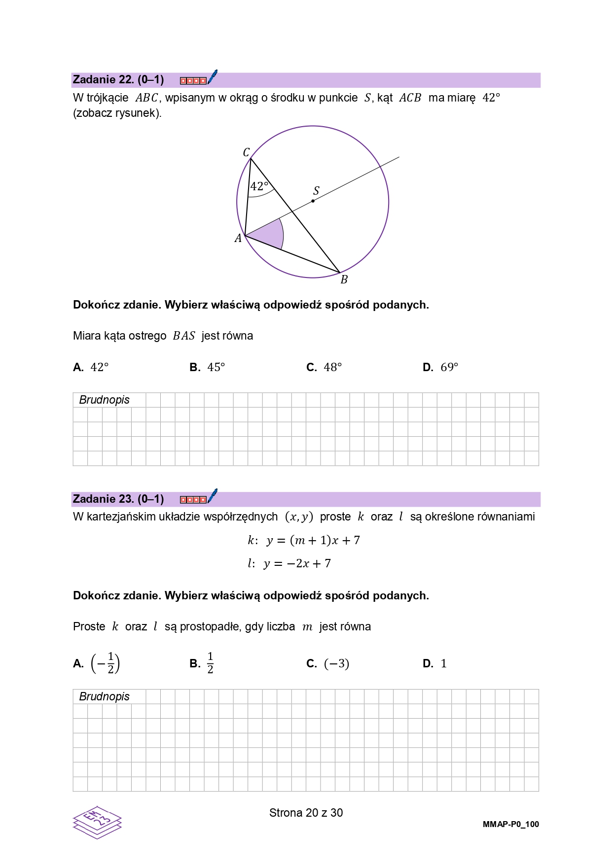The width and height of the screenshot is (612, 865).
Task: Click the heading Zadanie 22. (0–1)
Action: pyautogui.click(x=118, y=80)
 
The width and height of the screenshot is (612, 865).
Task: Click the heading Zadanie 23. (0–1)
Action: pyautogui.click(x=118, y=499)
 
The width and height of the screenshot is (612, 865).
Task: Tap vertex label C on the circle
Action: pyautogui.click(x=247, y=152)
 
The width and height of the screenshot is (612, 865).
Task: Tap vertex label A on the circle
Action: pyautogui.click(x=238, y=239)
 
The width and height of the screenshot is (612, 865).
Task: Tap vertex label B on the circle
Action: pyautogui.click(x=344, y=279)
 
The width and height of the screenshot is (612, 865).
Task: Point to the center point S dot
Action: pyautogui.click(x=313, y=201)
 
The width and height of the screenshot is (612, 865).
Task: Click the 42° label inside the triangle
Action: pyautogui.click(x=259, y=186)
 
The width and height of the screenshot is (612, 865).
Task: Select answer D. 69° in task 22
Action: pyautogui.click(x=441, y=367)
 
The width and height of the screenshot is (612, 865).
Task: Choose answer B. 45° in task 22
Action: pyautogui.click(x=208, y=367)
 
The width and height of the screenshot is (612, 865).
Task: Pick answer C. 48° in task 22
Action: pyautogui.click(x=324, y=367)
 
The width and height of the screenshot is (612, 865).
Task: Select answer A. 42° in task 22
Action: pyautogui.click(x=91, y=367)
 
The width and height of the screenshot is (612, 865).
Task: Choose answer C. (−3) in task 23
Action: pyautogui.click(x=328, y=663)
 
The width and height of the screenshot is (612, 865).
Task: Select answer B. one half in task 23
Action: pyautogui.click(x=203, y=663)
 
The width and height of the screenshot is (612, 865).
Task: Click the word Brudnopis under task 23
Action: pyautogui.click(x=104, y=696)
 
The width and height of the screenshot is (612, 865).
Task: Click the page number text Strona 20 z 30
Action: pyautogui.click(x=306, y=813)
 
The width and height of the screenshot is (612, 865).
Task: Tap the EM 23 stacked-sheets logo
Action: pyautogui.click(x=97, y=822)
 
